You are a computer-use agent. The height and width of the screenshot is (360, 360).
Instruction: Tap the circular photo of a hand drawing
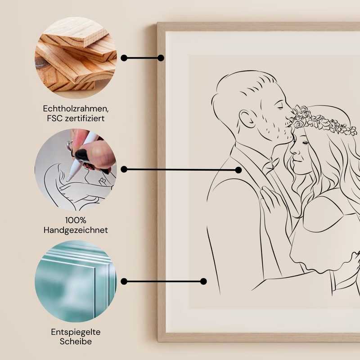(x=76, y=170)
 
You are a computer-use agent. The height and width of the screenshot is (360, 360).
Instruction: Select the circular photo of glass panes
(x=76, y=281)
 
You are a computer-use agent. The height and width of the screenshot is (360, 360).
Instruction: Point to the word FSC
(x=53, y=119)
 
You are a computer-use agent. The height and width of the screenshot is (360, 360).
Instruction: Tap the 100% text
(x=76, y=220)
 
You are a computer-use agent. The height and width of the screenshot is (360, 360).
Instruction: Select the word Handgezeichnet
(x=76, y=230)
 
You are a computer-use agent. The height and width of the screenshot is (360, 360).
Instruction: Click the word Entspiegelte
(x=76, y=332)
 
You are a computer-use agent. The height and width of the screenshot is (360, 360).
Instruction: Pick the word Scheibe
(x=76, y=342)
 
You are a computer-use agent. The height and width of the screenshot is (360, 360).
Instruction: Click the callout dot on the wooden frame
(x=161, y=58)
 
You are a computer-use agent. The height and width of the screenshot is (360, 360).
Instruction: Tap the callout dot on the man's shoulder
(x=238, y=170)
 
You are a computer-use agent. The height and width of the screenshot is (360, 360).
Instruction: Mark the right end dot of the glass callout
(x=203, y=281)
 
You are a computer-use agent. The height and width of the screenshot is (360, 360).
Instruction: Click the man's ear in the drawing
(x=247, y=119)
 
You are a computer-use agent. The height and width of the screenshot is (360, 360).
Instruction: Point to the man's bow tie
(x=270, y=165)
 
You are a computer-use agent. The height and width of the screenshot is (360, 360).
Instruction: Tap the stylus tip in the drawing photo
(x=68, y=179)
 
